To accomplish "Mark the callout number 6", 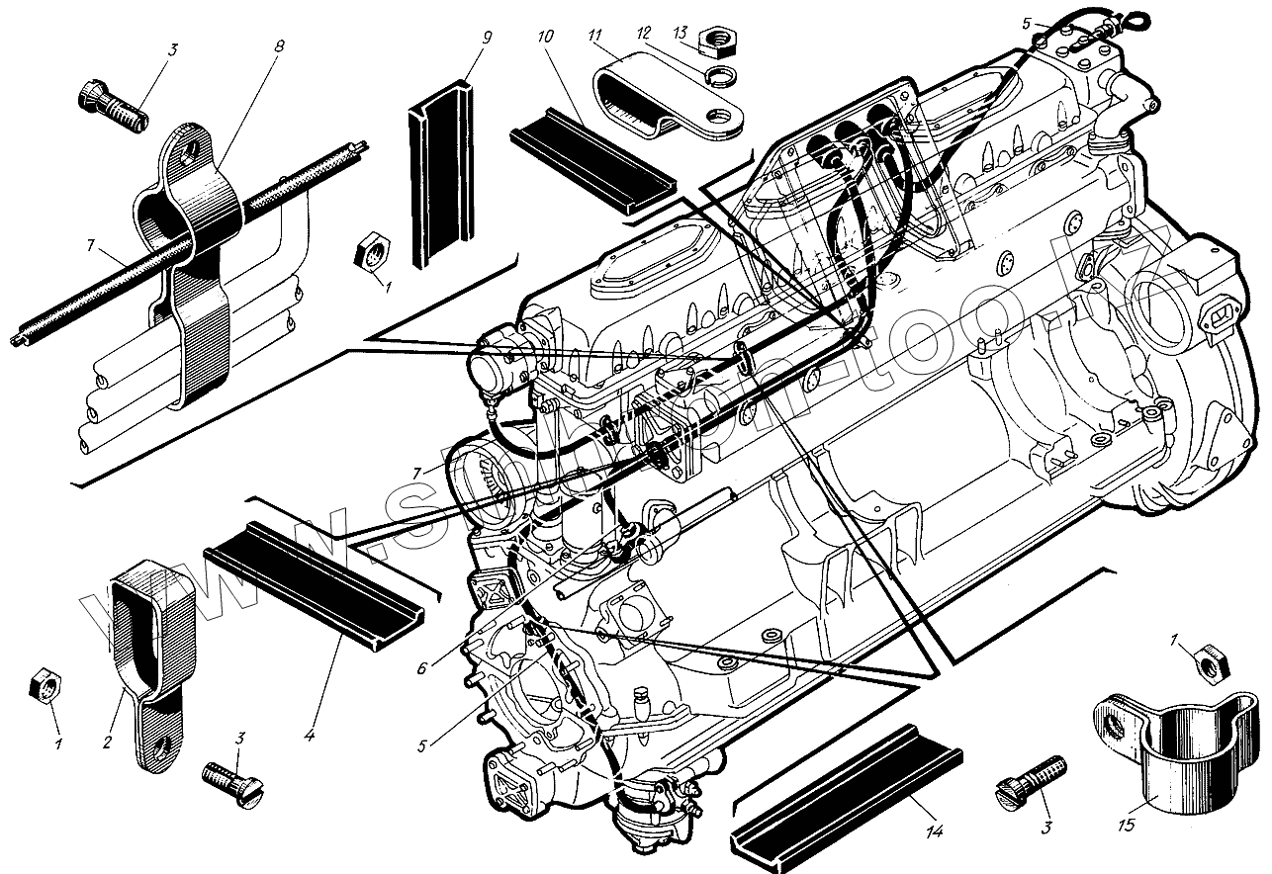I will pos(421,667).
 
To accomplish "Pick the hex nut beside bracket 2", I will pos(45,683).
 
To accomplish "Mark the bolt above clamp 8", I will pos(111,105).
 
